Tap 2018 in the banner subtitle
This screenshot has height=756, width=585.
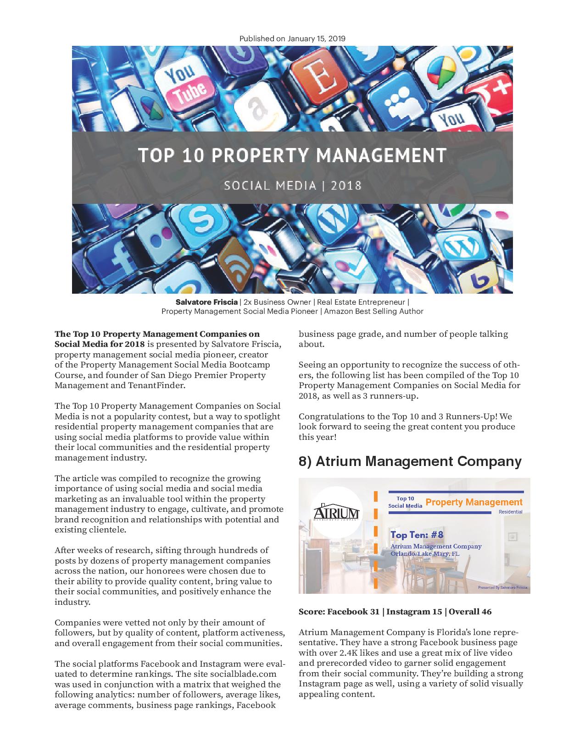(346, 186)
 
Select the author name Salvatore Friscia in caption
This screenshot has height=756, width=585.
(206, 302)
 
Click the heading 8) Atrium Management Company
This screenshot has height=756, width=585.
(410, 461)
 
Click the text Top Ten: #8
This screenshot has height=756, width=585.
(417, 535)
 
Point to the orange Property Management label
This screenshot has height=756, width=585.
(474, 502)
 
